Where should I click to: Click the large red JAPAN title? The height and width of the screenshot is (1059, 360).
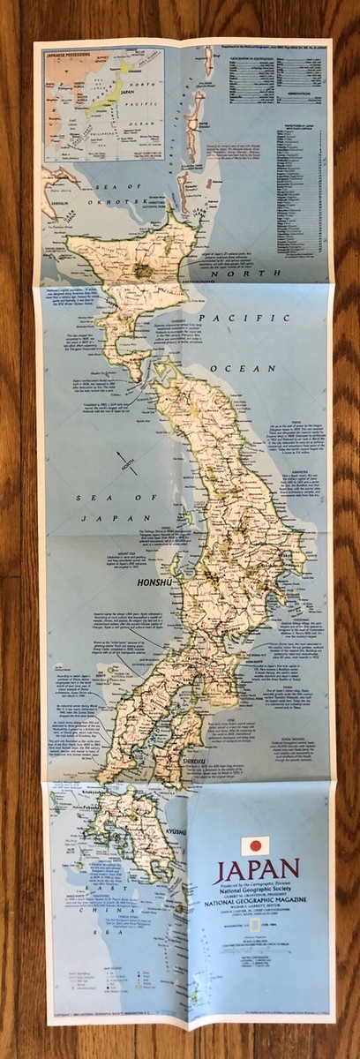[256, 869]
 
